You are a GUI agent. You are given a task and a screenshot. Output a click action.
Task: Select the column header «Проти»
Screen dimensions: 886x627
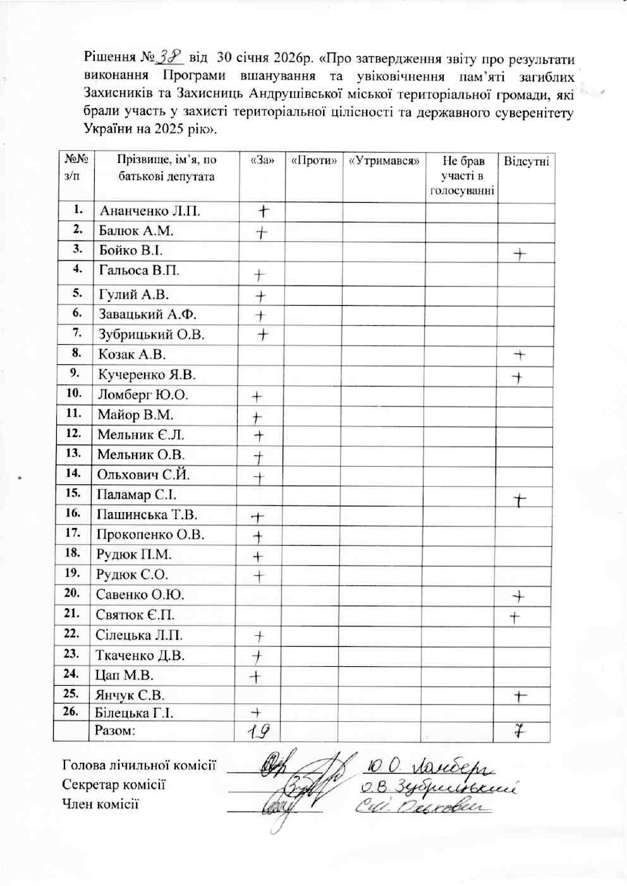click(x=313, y=161)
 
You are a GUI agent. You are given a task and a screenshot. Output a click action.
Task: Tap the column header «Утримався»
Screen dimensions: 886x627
click(x=384, y=161)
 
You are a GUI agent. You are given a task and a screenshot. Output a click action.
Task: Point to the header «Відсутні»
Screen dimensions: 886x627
click(x=526, y=161)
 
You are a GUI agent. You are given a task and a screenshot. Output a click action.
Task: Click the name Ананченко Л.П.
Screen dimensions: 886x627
click(x=150, y=211)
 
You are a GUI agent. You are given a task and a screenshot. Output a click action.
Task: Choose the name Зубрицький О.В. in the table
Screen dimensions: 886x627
click(x=152, y=335)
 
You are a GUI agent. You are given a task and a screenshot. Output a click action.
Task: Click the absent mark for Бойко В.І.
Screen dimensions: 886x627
click(x=520, y=254)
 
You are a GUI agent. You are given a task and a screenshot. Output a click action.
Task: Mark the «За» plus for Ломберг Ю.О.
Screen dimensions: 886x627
click(x=257, y=397)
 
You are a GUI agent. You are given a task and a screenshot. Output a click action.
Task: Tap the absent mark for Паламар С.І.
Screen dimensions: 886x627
click(x=520, y=500)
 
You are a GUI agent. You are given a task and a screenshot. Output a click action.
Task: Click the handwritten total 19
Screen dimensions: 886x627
click(x=257, y=731)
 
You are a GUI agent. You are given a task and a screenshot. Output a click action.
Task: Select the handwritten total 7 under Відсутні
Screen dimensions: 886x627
click(x=520, y=731)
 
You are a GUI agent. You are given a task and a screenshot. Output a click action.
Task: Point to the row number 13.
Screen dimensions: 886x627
click(x=73, y=453)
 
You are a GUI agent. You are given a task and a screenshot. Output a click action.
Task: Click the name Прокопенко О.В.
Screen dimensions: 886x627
click(x=150, y=535)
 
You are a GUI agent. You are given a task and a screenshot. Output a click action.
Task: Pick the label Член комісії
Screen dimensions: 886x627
click(x=100, y=804)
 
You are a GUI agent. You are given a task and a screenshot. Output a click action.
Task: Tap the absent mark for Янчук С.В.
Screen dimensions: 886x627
click(x=520, y=696)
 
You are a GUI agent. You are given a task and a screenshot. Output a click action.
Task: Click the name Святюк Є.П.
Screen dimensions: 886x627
click(x=135, y=615)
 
